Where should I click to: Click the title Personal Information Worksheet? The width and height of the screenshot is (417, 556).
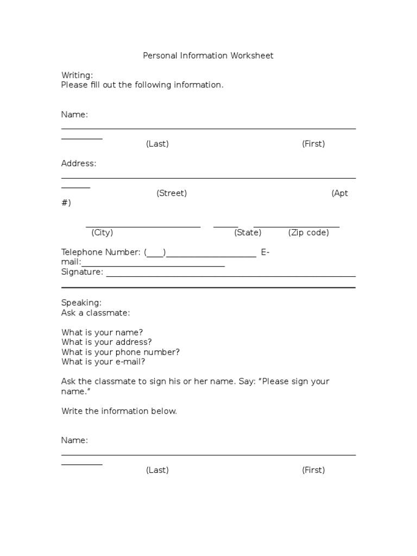coord(208,55)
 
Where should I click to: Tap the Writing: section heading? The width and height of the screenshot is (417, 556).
coord(77,75)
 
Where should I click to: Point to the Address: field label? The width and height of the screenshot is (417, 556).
coord(79,163)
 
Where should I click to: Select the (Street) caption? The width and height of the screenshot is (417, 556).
coord(172,193)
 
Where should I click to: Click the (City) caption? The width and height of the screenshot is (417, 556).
coord(102,232)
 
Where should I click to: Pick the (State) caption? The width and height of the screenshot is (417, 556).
coord(248,232)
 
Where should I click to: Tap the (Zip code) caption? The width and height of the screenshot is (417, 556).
coord(308,232)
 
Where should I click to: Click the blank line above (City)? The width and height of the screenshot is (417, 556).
coord(143,226)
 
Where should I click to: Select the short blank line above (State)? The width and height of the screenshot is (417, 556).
coord(226,226)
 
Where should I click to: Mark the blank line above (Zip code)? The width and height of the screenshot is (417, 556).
coord(296,226)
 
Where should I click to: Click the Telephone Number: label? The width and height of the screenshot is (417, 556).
coord(101,252)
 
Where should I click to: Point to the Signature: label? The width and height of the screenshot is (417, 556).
coord(82,272)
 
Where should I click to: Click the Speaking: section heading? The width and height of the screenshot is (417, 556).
coord(81,303)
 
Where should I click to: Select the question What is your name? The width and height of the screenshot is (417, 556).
coord(102,332)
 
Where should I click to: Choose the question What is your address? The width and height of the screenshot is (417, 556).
coord(106,342)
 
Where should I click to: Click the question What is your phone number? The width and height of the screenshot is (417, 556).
coord(120,352)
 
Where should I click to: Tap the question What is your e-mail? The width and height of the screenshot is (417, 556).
coord(103,362)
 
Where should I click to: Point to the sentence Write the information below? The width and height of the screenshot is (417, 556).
coord(119,411)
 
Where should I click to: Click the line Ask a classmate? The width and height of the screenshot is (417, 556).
coord(96,313)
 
